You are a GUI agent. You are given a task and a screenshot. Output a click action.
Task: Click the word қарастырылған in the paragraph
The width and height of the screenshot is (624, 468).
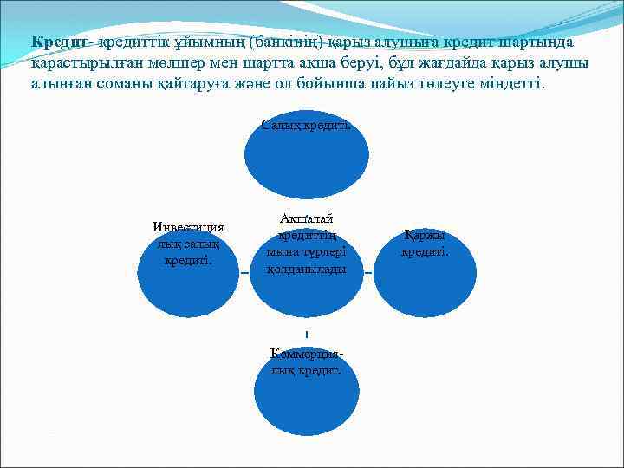point(76,64)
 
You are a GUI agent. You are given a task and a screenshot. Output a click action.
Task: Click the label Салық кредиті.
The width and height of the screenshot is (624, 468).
point(307,125)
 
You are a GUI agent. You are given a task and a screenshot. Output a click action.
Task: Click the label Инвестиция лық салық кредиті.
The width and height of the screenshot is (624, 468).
point(188,244)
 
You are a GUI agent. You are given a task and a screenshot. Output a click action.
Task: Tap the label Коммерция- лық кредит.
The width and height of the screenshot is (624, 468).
point(307,361)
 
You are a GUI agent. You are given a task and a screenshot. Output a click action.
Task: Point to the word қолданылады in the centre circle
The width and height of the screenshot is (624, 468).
point(307,270)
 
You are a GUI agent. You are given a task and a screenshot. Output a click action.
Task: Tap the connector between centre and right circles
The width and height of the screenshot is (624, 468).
point(368,273)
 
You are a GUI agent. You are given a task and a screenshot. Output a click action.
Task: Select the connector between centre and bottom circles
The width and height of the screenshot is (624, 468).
point(307,335)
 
